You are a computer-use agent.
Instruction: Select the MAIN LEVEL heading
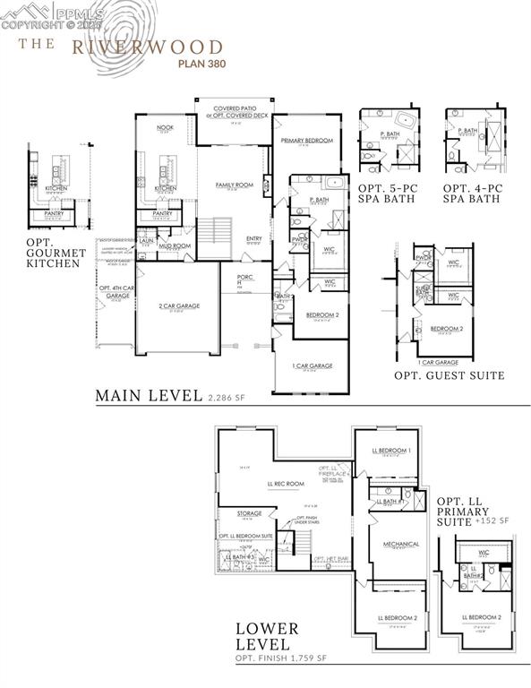coord(148,395)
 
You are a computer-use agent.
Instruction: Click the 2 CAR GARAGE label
coord(178,306)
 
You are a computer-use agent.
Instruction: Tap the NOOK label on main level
coord(165,128)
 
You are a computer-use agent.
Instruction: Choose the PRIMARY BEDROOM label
coord(306,141)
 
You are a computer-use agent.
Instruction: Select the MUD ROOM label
coord(175,245)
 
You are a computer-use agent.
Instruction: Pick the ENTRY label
coord(253,238)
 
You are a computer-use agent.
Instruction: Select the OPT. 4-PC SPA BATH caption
coord(472,193)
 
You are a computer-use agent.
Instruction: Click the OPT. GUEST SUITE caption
coord(449,375)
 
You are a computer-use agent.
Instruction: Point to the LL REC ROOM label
coord(282,485)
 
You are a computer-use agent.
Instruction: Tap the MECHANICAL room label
coord(395,543)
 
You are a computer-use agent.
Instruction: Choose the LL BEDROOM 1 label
coord(394,451)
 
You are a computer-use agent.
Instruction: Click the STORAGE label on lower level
coord(249,514)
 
